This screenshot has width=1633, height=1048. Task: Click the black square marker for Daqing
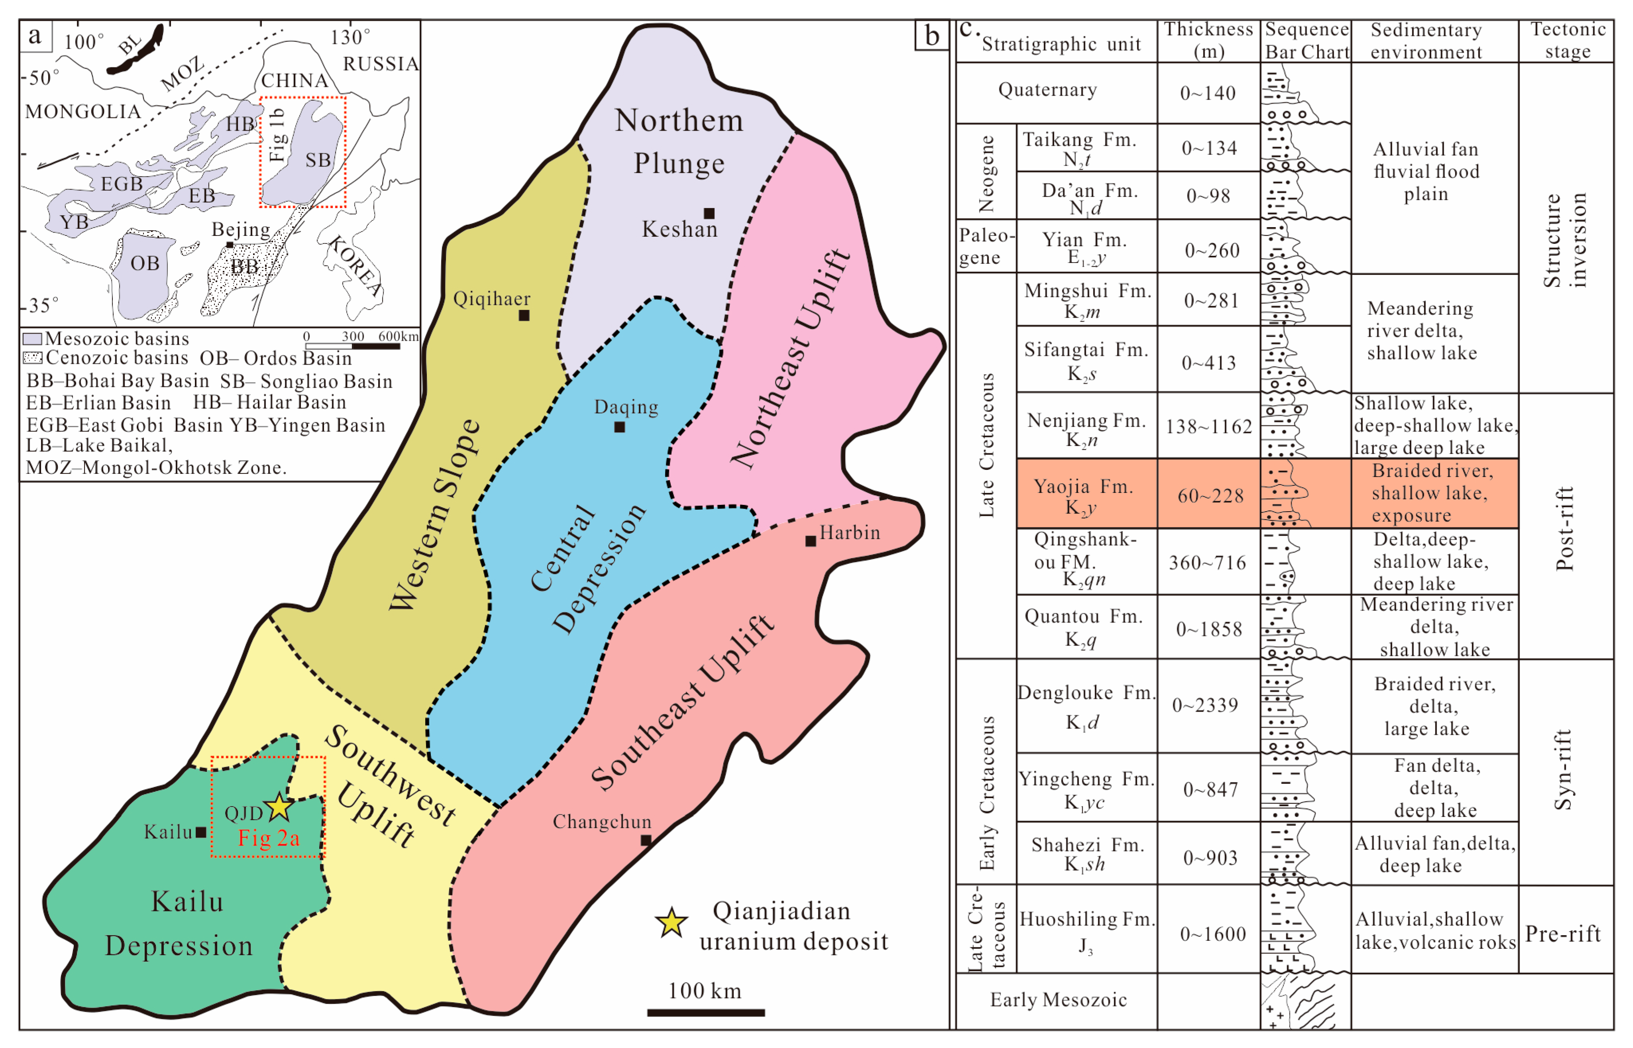[x=619, y=427]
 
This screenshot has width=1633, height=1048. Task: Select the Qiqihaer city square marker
[x=524, y=315]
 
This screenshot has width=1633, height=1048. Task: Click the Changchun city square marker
[x=646, y=840]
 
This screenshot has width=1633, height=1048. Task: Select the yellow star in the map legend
[x=671, y=923]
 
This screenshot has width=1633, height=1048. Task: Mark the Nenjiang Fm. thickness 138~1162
[x=1209, y=427]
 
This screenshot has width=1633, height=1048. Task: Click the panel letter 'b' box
[x=932, y=35]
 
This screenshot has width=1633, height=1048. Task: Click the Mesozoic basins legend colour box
[x=33, y=339]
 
